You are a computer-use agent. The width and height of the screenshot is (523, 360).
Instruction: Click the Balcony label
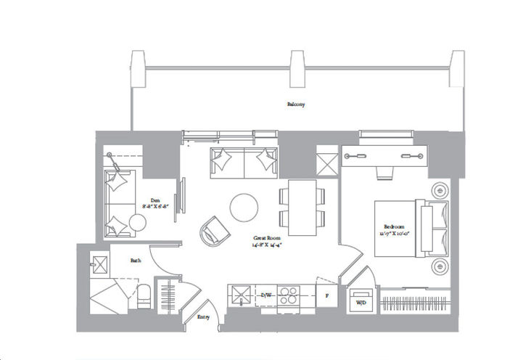tap(295, 105)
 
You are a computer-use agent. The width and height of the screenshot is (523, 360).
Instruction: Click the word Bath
tap(136, 259)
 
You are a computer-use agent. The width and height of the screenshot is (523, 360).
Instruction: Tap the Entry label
tap(203, 317)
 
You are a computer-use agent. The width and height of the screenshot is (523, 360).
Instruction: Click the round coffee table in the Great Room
tap(244, 208)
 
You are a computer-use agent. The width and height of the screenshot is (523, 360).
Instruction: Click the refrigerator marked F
tap(327, 296)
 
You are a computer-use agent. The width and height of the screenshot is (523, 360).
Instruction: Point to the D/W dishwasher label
tap(266, 296)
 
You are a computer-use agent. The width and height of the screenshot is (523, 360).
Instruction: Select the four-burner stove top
tap(289, 296)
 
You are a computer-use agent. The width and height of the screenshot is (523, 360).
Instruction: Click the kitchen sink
tap(239, 295)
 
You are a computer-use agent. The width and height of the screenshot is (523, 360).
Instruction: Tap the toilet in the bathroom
tap(143, 296)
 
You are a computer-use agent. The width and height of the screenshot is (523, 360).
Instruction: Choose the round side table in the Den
tap(137, 224)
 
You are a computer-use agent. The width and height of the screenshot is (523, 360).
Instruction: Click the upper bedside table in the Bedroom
tap(440, 190)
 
